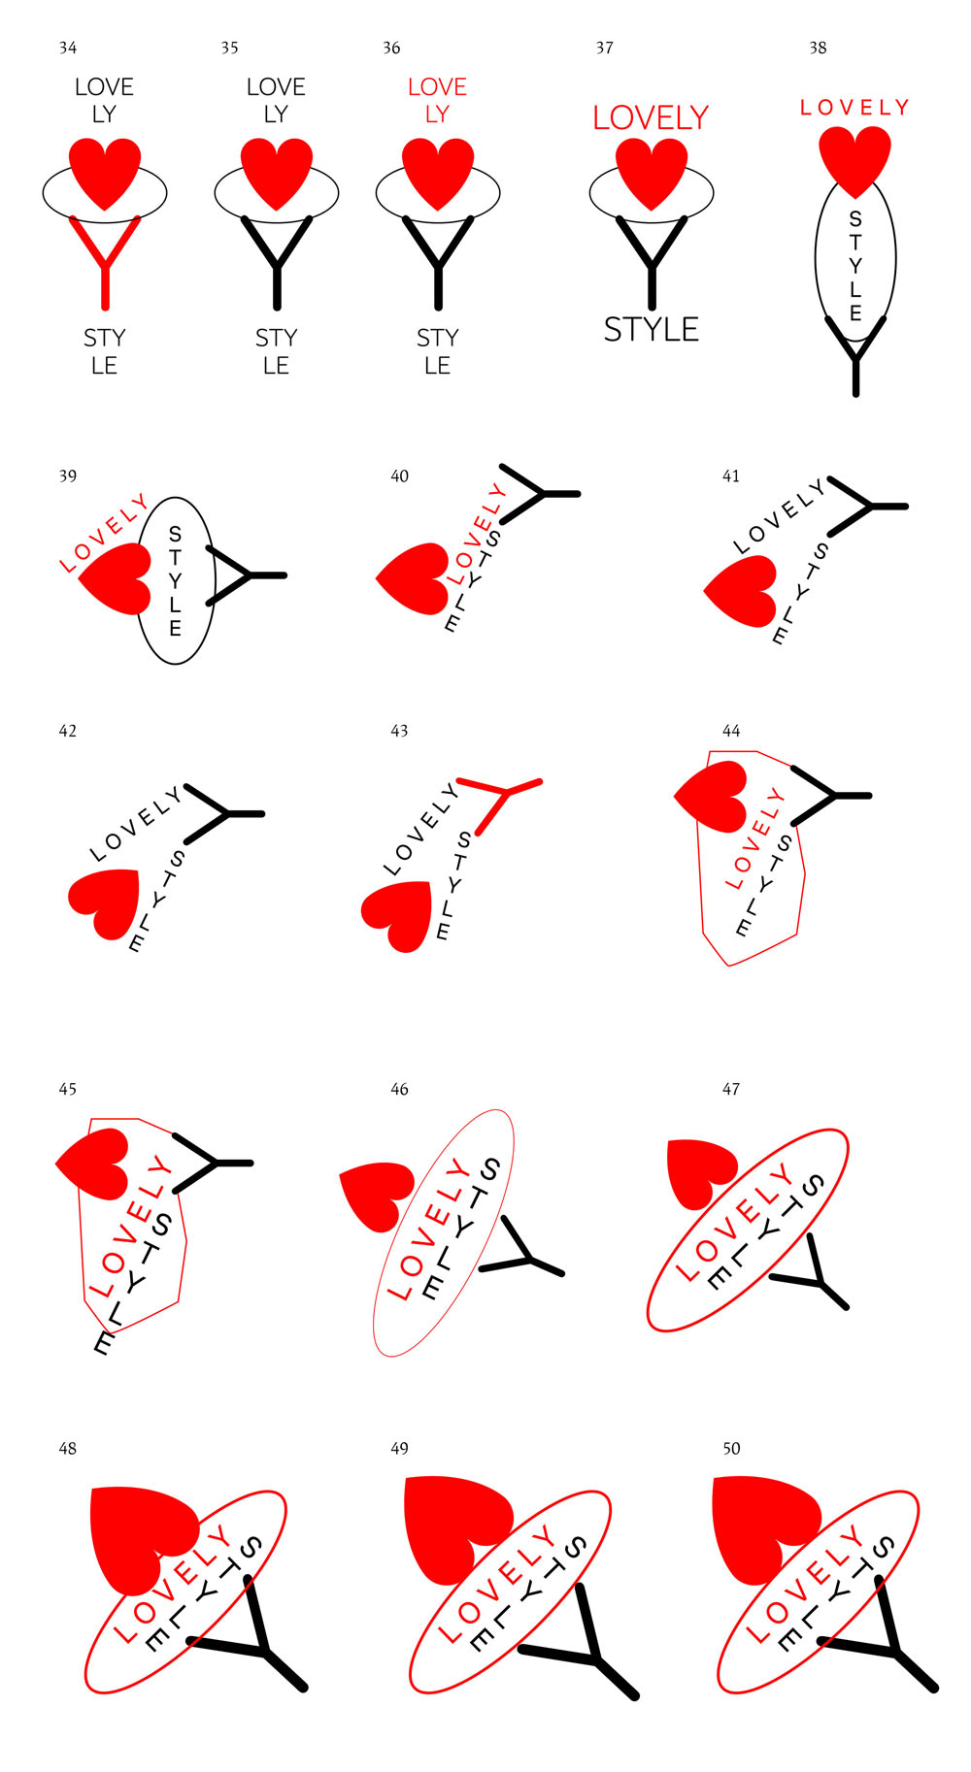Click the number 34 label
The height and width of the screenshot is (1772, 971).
(68, 48)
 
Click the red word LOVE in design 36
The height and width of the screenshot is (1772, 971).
(437, 87)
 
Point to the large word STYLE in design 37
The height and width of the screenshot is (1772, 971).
(652, 330)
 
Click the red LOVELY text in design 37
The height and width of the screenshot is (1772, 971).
(651, 118)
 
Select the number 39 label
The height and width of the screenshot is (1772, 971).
(68, 476)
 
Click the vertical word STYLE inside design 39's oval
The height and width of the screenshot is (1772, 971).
(175, 581)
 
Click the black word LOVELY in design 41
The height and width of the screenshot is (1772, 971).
(779, 517)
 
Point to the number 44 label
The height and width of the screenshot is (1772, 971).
(731, 731)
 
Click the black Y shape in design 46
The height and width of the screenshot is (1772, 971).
(521, 1247)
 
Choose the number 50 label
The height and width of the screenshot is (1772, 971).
(731, 1449)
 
